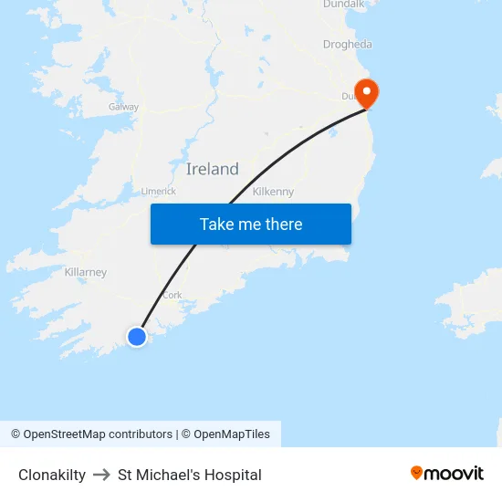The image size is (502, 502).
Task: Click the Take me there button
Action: [251, 225]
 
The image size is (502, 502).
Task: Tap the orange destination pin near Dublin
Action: [366, 92]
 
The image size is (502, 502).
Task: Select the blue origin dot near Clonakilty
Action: [137, 337]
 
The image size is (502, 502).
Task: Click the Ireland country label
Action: [212, 169]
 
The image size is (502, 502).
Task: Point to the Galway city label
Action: [123, 107]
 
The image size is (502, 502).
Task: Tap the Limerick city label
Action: [158, 191]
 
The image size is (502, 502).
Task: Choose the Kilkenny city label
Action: [273, 192]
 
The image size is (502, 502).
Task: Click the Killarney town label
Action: [86, 272]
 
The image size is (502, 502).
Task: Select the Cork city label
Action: [172, 295]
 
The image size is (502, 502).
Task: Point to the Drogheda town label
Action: [347, 44]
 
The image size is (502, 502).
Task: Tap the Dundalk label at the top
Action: [344, 5]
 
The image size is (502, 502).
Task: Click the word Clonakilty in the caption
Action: [52, 475]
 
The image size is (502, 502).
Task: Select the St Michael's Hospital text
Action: [190, 475]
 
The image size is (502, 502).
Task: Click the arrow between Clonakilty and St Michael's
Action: [101, 475]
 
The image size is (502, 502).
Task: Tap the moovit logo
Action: [447, 473]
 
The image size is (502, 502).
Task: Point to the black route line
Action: [274, 162]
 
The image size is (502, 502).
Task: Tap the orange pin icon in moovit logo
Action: [417, 473]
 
